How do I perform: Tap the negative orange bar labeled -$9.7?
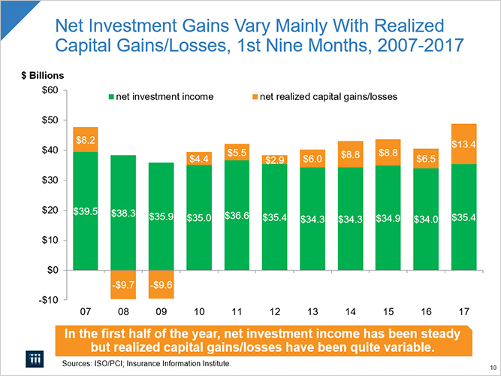click(123, 284)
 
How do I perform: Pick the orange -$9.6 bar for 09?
click(161, 284)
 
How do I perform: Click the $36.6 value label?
click(236, 216)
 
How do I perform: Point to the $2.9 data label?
click(274, 160)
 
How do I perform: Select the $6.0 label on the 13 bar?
click(312, 159)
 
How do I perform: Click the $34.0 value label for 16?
click(426, 219)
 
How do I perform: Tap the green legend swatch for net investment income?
click(112, 97)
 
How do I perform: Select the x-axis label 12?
click(274, 311)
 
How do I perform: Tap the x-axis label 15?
click(388, 311)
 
